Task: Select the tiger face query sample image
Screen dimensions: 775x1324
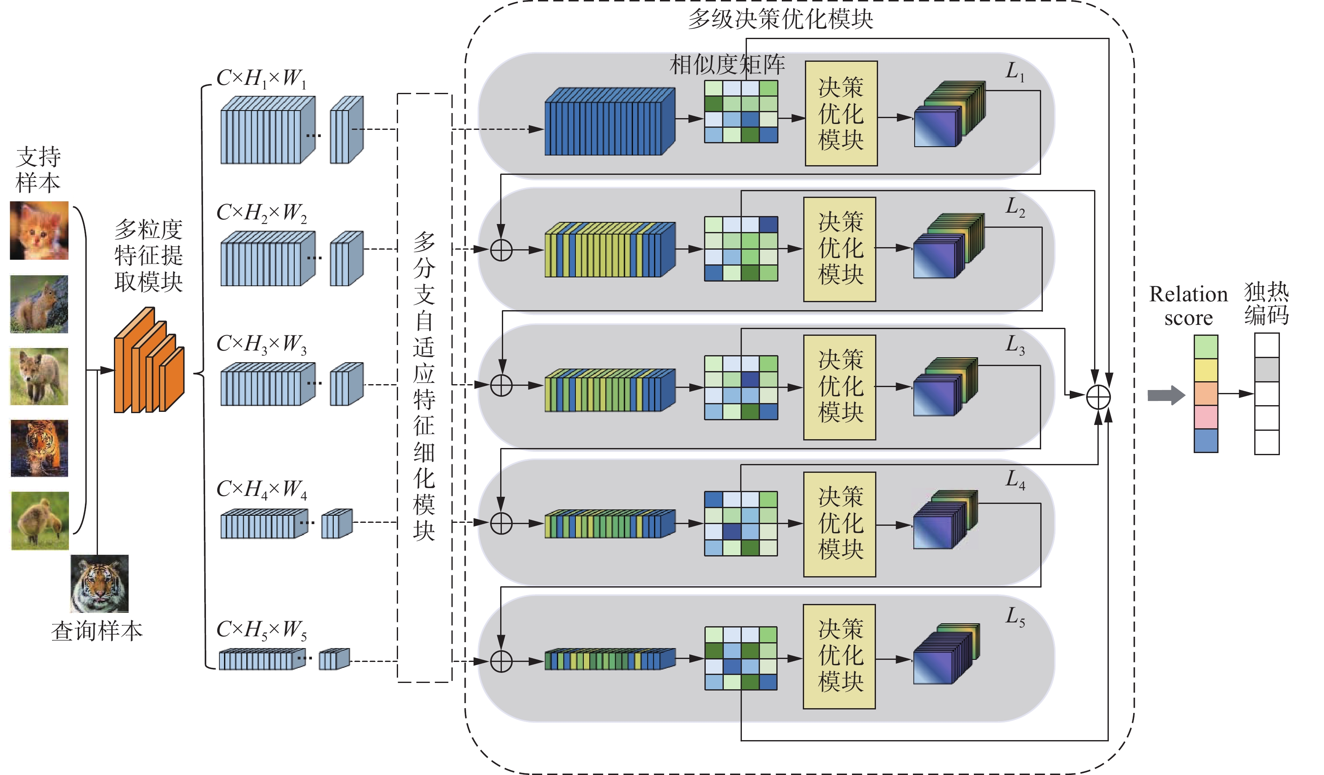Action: point(99,584)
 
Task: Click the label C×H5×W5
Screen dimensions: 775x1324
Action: point(261,630)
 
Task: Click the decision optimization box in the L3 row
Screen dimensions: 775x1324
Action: point(839,387)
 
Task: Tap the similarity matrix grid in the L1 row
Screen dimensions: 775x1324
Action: point(741,111)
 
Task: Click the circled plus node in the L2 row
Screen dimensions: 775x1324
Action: point(501,250)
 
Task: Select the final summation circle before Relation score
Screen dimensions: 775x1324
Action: point(1098,397)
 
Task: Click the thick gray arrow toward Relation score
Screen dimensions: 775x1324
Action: point(1165,395)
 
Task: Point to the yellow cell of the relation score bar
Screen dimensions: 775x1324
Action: point(1206,370)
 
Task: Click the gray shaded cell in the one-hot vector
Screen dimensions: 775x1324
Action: point(1267,369)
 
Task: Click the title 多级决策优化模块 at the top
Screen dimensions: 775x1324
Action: point(780,19)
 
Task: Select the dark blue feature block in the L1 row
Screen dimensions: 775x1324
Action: point(609,122)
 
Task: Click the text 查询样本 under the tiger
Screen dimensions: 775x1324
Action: point(97,631)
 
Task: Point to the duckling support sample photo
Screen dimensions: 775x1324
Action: point(40,521)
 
